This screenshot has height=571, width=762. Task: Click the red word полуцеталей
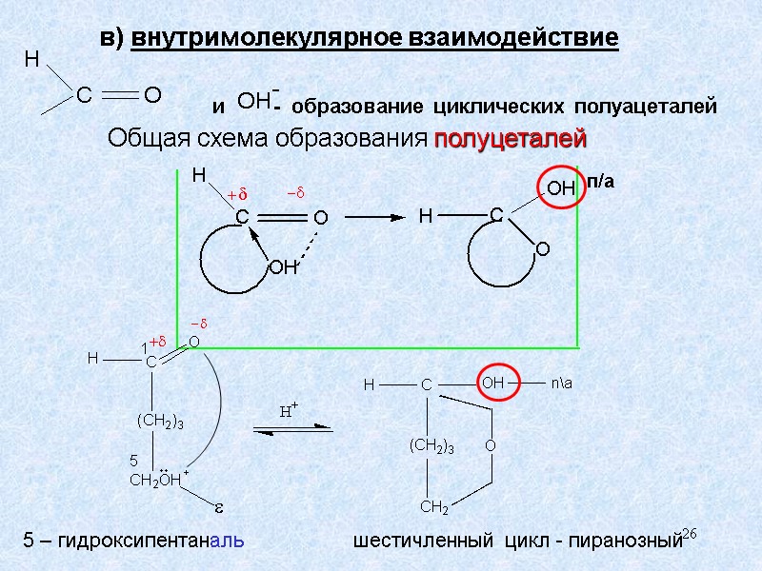click(x=510, y=140)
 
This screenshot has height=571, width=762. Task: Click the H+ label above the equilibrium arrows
click(x=288, y=411)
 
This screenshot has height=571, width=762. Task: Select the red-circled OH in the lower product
click(x=493, y=383)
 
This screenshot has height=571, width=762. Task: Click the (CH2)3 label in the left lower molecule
click(x=159, y=420)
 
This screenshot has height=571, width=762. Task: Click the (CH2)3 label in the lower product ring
click(x=431, y=445)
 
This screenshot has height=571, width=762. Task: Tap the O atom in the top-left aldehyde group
click(x=151, y=95)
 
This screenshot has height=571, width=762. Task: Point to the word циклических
click(x=495, y=107)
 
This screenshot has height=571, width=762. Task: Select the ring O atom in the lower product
click(x=490, y=445)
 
